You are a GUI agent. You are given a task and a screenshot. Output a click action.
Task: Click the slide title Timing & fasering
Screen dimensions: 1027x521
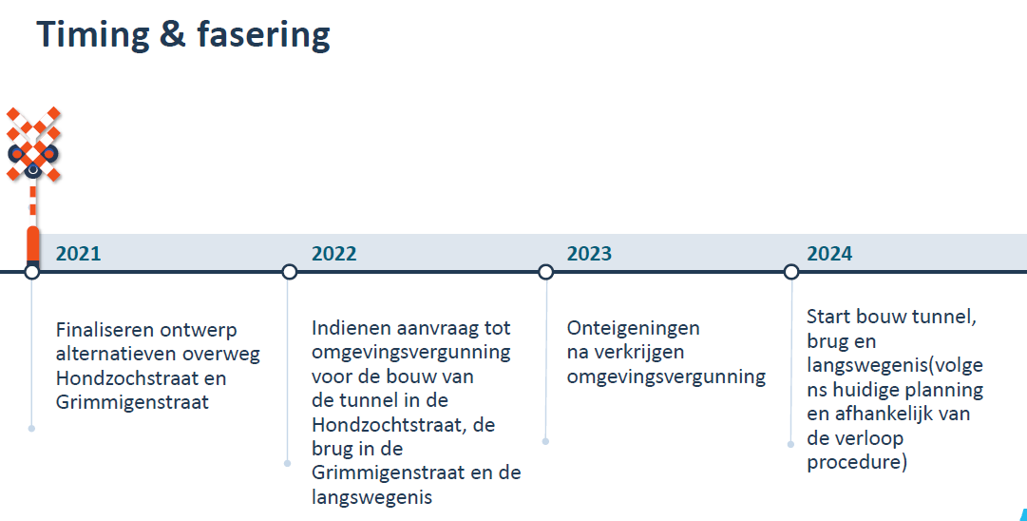[182, 35]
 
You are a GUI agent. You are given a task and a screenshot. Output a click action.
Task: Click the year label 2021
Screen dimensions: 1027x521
[78, 254]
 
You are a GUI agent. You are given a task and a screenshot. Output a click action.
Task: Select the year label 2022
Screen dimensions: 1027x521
[333, 254]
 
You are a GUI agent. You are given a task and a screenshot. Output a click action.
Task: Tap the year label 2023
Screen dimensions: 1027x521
[589, 254]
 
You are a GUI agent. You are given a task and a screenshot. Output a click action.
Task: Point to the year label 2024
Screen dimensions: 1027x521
[829, 254]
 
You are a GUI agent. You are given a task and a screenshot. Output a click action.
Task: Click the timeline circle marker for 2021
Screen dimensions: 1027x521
[31, 271]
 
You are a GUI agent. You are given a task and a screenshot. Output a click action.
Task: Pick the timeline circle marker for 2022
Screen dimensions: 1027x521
[289, 271]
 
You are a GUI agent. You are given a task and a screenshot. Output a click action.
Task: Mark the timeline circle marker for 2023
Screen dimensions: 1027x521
[545, 271]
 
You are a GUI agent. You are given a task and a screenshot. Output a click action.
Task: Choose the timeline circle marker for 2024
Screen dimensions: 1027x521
[791, 271]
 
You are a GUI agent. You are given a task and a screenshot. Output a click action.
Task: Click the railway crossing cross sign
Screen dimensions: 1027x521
[32, 144]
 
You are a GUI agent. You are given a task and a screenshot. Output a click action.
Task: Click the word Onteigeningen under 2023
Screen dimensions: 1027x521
[634, 328]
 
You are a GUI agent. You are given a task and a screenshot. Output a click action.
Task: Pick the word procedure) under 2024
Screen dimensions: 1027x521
[857, 463]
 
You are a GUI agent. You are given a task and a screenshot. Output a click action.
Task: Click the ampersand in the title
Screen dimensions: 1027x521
[172, 35]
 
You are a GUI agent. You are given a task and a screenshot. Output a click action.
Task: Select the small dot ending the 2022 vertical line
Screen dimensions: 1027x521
[287, 463]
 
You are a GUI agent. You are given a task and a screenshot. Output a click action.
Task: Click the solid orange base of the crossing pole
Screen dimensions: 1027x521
[32, 243]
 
